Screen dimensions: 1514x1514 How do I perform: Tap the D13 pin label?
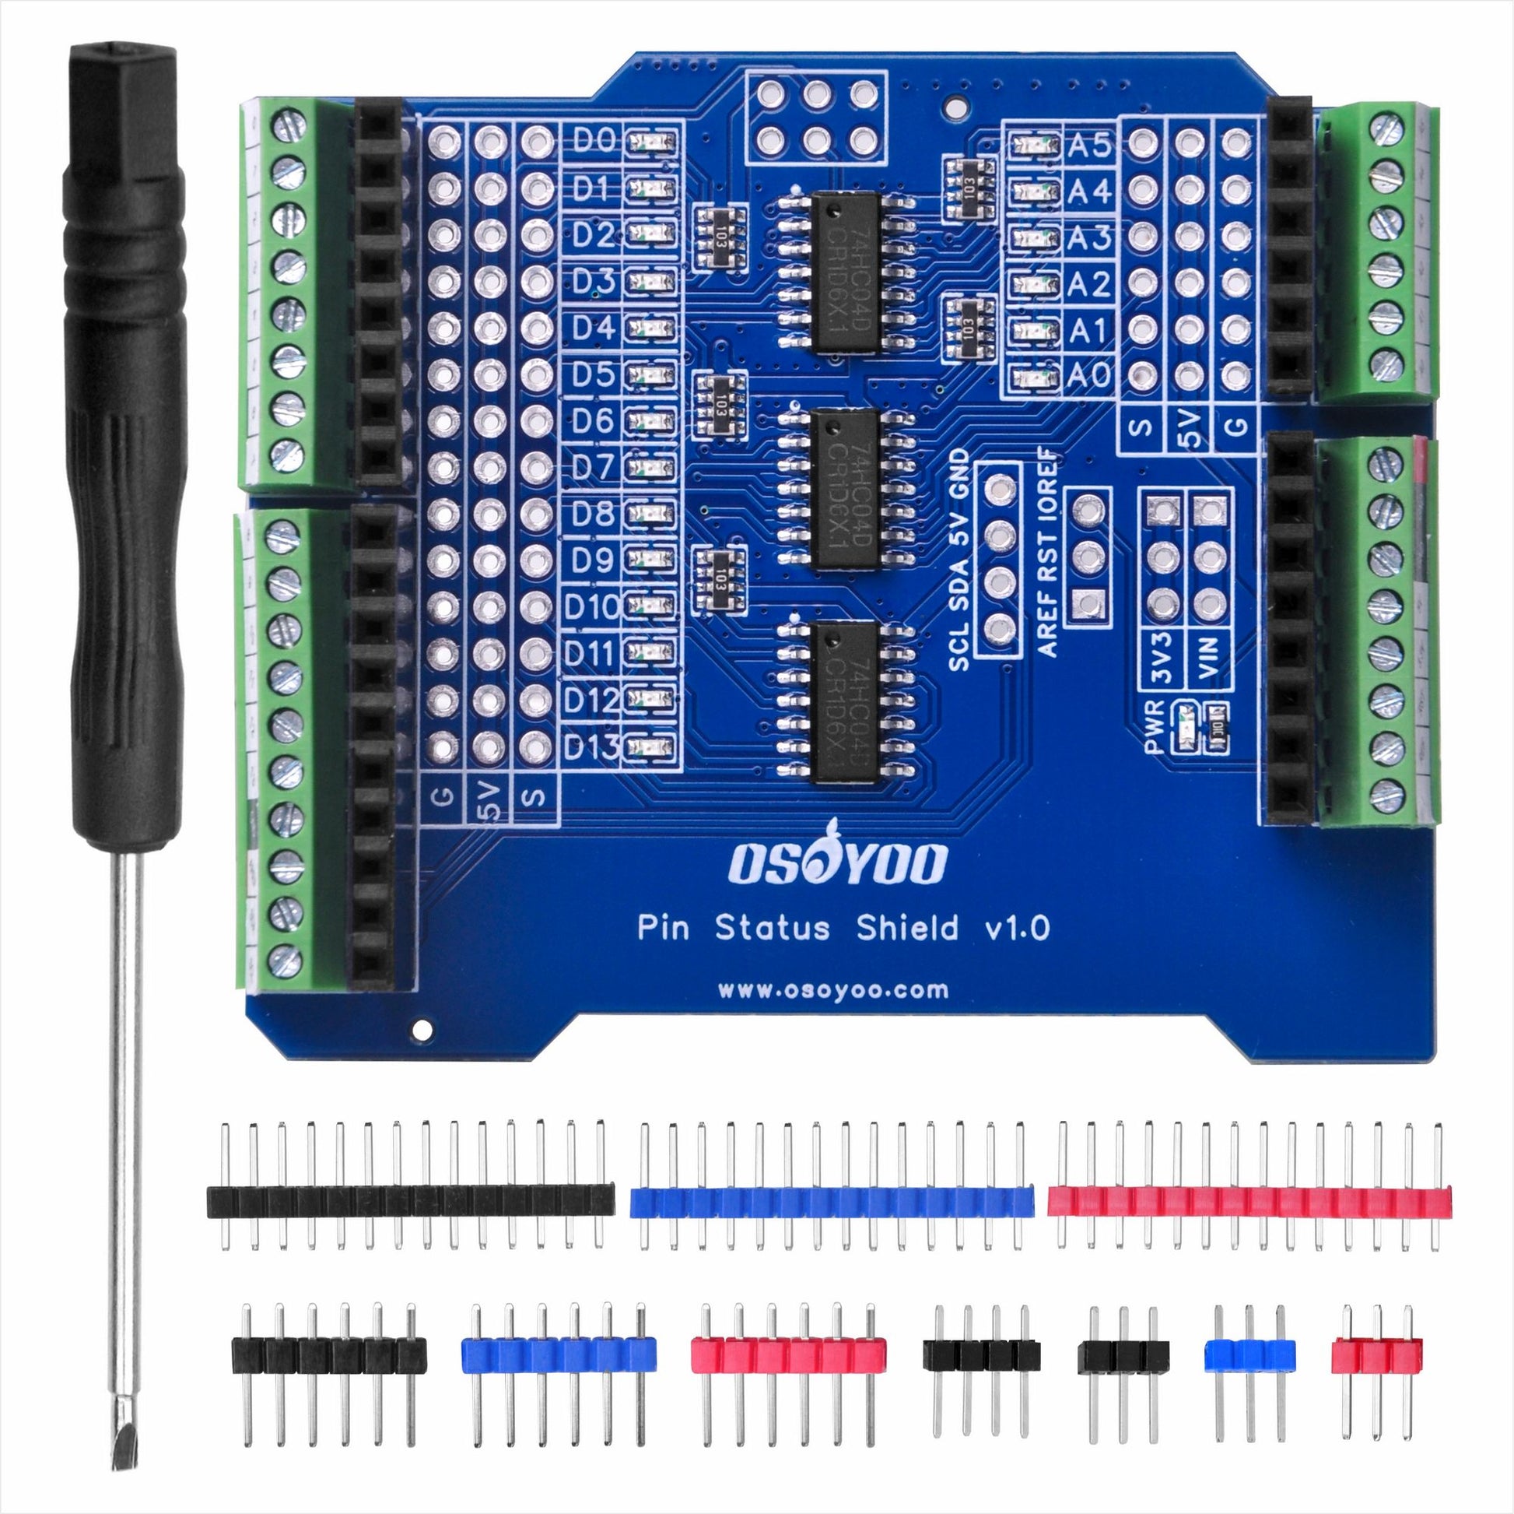coord(591,749)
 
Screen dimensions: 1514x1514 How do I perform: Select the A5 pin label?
coord(1089,146)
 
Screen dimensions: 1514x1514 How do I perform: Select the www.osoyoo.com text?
coord(833,990)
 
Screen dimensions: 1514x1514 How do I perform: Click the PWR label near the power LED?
coord(1155,725)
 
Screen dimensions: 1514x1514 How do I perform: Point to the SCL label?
coord(959,650)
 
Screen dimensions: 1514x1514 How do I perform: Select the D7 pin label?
coord(592,468)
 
